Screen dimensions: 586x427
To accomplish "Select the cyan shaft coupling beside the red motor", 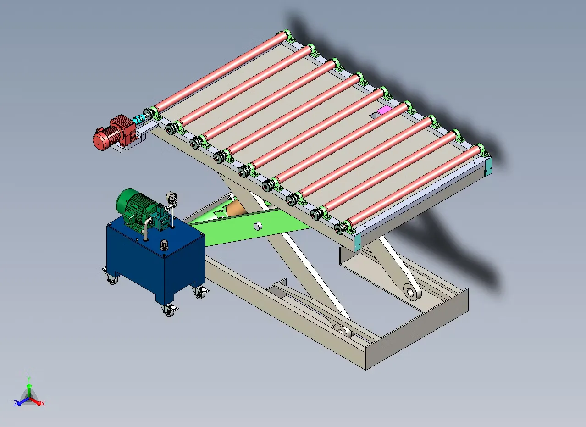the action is coord(138,119).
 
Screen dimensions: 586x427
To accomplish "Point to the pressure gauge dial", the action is coord(171,197).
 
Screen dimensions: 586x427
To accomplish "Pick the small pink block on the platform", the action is coord(384,110).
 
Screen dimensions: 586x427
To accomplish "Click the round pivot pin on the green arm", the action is coord(258,226).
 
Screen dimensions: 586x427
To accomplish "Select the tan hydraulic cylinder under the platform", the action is coord(235,209).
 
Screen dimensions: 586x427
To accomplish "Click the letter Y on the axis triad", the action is coord(29,378).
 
